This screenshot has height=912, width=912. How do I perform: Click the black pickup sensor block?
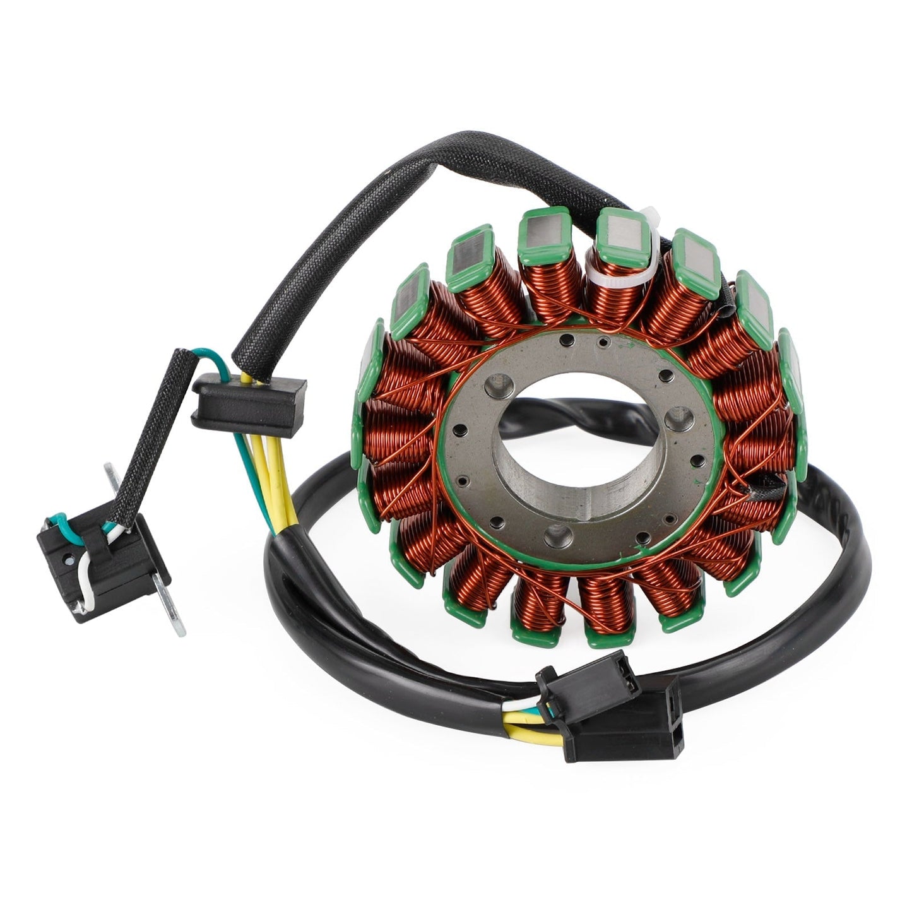point(101,564)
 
